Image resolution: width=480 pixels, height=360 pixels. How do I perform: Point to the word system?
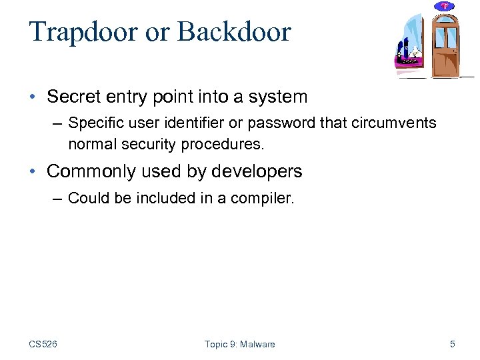point(278,97)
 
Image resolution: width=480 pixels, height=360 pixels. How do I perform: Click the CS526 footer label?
point(43,344)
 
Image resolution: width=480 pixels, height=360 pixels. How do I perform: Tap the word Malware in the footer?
point(257,344)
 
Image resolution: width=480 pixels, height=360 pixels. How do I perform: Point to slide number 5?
point(453,344)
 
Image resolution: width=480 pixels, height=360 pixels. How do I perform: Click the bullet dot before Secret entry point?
point(33,97)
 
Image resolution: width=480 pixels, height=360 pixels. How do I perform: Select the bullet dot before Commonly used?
point(33,172)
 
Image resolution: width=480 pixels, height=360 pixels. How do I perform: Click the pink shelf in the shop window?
point(407,63)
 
